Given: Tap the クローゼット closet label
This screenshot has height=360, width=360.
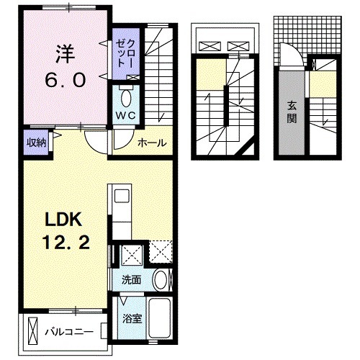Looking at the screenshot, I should click(120, 51).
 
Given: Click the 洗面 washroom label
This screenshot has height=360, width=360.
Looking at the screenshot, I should click(130, 279).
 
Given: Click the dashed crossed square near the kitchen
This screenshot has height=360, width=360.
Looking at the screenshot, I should click(160, 253).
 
